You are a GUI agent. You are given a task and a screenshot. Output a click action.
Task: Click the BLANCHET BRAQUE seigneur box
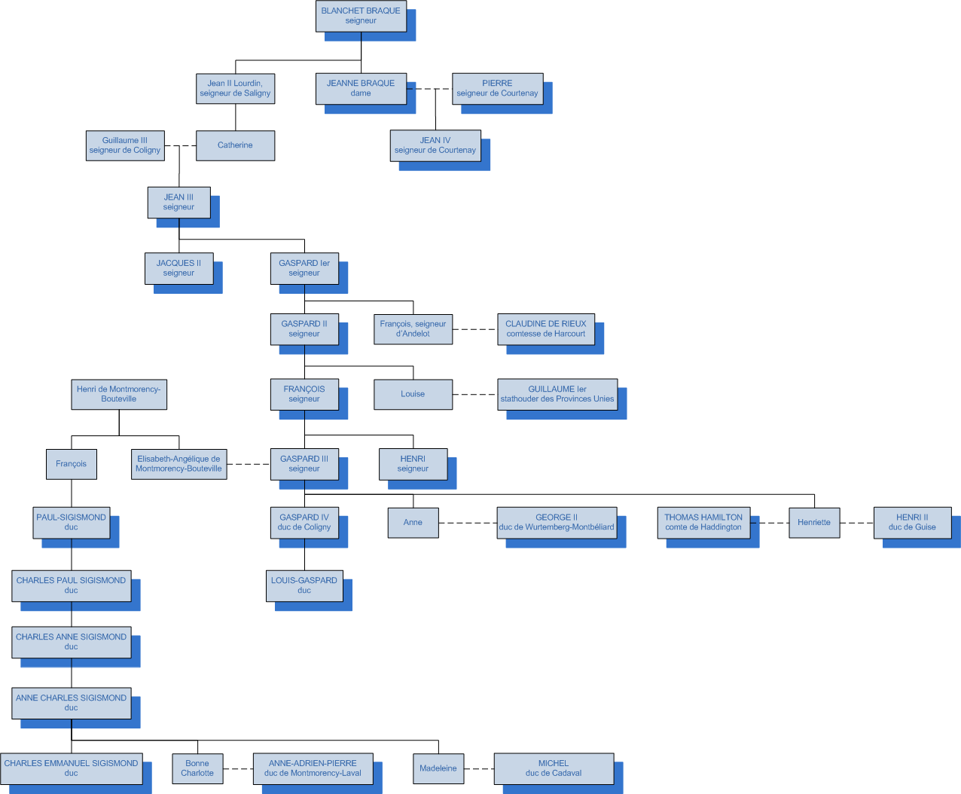click(x=361, y=16)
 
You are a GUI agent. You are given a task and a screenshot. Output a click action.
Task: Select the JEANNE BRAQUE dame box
click(x=361, y=88)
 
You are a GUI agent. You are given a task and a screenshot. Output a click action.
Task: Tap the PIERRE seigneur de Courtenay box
click(x=497, y=88)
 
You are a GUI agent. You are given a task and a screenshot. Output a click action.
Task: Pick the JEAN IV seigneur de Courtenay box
click(x=435, y=145)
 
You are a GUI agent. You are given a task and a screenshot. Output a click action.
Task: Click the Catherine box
click(x=235, y=145)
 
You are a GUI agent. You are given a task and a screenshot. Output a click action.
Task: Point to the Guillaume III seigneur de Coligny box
click(x=125, y=145)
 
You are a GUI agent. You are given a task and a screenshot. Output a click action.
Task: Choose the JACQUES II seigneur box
click(x=178, y=268)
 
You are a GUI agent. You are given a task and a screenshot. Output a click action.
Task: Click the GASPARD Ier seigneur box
click(x=304, y=268)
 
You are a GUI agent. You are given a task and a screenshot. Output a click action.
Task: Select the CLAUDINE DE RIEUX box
click(x=546, y=329)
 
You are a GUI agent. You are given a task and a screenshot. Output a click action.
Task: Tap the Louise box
click(x=413, y=394)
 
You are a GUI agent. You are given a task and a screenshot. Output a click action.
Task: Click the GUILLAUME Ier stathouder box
click(x=557, y=394)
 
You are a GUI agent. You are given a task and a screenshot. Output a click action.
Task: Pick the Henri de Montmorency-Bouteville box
click(x=119, y=394)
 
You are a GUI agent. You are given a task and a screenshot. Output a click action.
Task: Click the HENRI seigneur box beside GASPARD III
click(x=413, y=464)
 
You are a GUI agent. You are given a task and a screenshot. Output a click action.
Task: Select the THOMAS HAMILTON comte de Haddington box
click(x=703, y=522)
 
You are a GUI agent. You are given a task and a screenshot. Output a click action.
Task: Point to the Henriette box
click(x=814, y=522)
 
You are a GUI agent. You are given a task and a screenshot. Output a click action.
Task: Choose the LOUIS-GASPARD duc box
click(x=304, y=585)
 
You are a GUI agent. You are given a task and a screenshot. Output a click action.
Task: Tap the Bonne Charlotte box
click(x=197, y=768)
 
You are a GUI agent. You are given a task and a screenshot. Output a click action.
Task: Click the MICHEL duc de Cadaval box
click(x=554, y=768)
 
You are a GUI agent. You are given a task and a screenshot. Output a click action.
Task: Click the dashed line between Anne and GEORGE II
click(x=468, y=523)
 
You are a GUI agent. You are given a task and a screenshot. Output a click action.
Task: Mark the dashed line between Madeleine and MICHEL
click(x=479, y=769)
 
